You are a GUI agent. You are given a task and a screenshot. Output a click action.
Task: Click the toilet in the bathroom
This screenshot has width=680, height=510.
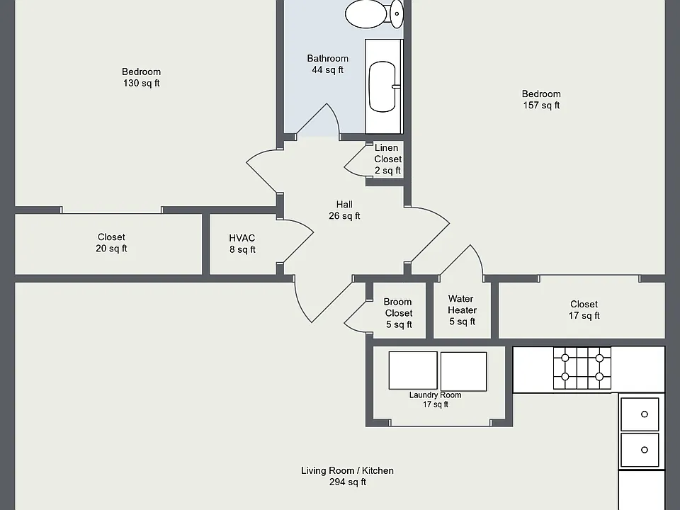click(374, 14)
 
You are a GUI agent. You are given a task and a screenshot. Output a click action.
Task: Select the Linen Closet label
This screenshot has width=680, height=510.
click(387, 159)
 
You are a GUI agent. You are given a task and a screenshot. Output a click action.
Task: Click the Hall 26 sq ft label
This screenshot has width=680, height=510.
click(344, 210)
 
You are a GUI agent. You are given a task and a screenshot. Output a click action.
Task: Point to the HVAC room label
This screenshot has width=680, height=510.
click(242, 244)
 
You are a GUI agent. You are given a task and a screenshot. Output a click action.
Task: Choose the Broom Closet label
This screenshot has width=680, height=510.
click(399, 313)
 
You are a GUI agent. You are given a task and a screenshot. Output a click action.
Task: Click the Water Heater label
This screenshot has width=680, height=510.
click(462, 310)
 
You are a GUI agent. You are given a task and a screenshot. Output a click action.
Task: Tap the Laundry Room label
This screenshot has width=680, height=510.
click(436, 399)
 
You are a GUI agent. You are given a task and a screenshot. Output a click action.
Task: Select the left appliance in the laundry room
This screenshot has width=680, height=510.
click(413, 370)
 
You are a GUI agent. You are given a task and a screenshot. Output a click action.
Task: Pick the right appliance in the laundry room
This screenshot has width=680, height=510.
click(463, 371)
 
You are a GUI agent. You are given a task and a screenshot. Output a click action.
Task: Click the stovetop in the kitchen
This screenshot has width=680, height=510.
click(582, 368)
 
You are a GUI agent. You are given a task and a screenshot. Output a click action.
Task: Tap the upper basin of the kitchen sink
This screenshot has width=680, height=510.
click(640, 414)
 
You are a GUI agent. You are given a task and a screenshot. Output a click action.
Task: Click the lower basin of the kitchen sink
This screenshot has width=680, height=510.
click(640, 450)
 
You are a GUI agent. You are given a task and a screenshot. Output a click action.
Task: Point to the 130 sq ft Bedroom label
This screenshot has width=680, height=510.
click(142, 77)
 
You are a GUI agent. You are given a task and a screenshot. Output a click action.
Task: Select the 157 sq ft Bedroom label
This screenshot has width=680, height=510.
click(541, 99)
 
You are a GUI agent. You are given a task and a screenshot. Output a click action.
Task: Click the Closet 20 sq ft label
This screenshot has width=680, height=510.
click(111, 243)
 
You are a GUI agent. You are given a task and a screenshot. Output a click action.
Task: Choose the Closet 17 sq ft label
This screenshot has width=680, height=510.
click(584, 310)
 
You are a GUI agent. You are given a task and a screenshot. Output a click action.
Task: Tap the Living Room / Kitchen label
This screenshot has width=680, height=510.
click(347, 476)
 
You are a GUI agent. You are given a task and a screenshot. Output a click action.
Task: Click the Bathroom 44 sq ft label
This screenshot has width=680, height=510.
click(328, 64)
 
